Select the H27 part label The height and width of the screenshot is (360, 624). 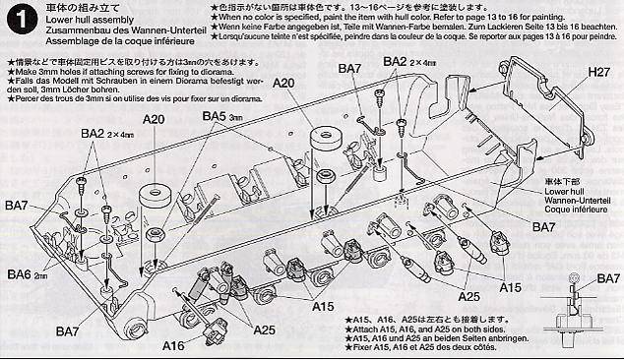pyautogui.click(x=599, y=72)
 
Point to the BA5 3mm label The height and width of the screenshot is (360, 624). pyautogui.click(x=224, y=116)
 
